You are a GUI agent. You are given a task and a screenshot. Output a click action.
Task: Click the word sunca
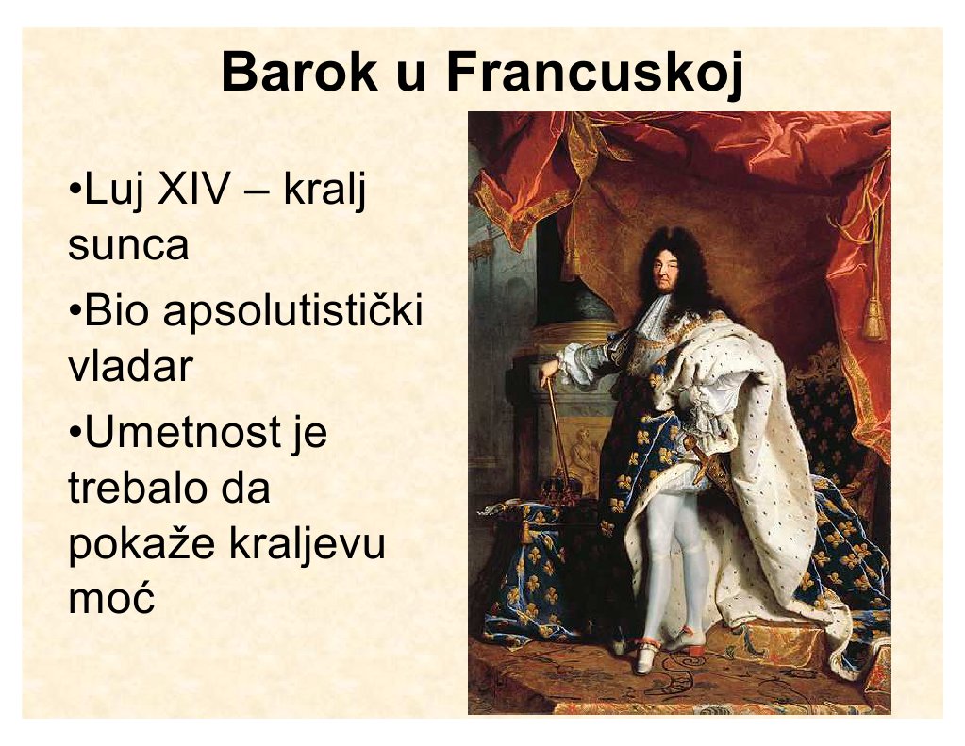point(128,244)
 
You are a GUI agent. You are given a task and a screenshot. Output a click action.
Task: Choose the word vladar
point(130,365)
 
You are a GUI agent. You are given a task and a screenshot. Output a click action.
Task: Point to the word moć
point(110,598)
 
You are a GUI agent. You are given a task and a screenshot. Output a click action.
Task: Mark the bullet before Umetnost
point(75,431)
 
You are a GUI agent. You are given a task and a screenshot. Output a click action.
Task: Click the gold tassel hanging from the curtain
point(873,317)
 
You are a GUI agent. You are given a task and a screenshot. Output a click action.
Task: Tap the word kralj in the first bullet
point(324,191)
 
